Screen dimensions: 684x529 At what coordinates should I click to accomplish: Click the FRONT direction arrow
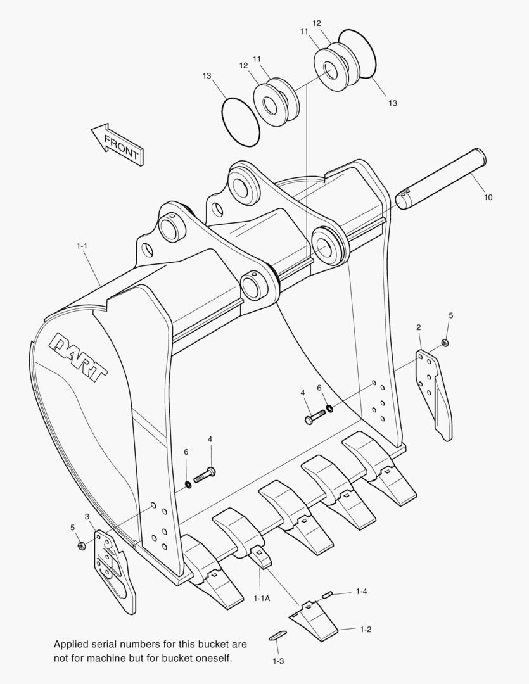coord(117,144)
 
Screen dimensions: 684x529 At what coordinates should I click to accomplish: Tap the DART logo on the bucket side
coord(79,357)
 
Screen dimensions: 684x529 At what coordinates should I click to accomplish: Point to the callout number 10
coord(488,198)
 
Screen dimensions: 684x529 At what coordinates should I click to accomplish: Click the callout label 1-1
coord(82,244)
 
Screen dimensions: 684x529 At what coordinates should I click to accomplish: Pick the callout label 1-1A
coord(262,598)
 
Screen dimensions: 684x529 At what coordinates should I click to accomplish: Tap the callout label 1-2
coord(365,629)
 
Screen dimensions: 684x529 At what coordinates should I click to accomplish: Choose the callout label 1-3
coord(277,661)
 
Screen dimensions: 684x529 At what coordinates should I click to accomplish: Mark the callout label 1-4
coord(361,591)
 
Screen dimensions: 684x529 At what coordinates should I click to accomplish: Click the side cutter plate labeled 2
coord(434,393)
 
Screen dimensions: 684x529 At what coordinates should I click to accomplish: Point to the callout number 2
coord(419,327)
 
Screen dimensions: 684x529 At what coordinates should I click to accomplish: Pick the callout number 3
coord(87,517)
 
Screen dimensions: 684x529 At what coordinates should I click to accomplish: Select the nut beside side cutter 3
coord(81,545)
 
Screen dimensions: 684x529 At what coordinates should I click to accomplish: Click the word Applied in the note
coord(72,644)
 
